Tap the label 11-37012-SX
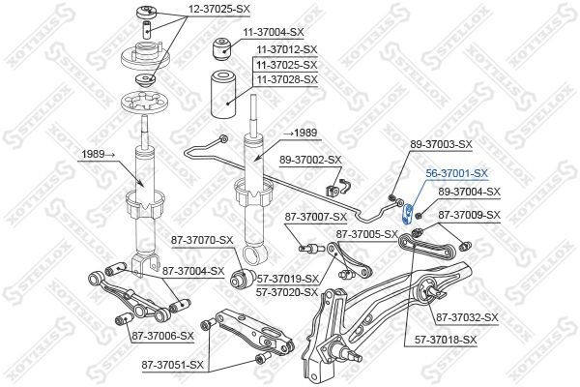click(x=286, y=47)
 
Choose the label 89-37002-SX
click(x=310, y=160)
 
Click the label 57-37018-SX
click(x=446, y=340)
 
